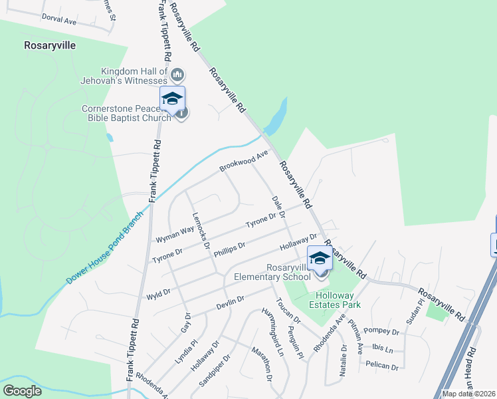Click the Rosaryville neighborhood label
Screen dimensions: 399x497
(x=50, y=46)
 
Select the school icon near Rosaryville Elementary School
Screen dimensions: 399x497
(x=320, y=258)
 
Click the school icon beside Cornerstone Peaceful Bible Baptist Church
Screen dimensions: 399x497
(x=172, y=99)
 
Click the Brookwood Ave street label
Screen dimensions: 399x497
(x=243, y=161)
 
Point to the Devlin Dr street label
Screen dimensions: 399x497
(x=231, y=303)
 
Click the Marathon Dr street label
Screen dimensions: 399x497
(x=261, y=364)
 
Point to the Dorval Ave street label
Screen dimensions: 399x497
(x=59, y=21)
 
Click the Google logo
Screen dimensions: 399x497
(x=23, y=391)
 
